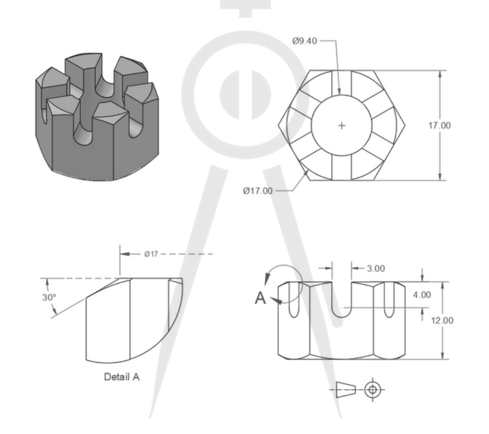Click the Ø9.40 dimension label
tap(305, 41)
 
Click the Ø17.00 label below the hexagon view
tap(257, 191)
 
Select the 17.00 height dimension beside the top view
tap(440, 126)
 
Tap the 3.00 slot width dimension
tap(376, 268)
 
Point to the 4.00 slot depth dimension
tap(422, 295)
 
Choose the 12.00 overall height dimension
tap(442, 321)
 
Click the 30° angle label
tap(49, 297)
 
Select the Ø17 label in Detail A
tap(151, 254)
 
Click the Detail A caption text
tap(122, 377)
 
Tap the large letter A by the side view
tap(261, 298)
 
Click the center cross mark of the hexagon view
tap(342, 126)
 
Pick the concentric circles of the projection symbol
tap(373, 390)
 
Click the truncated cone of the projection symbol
tap(346, 390)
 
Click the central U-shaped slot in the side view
tap(342, 299)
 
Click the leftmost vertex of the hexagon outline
tap(278, 126)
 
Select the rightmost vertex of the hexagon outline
tap(405, 126)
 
